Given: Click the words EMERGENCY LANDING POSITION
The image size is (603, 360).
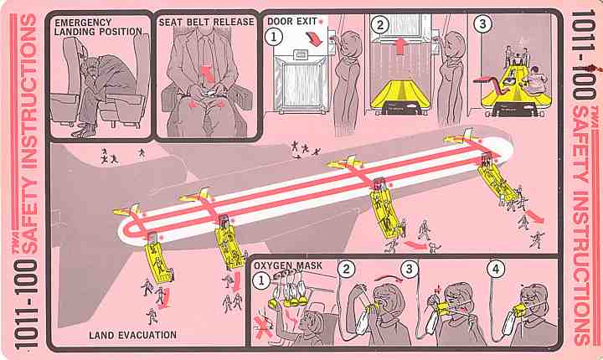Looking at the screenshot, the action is (98, 27).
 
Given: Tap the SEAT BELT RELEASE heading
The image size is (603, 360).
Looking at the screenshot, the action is (207, 23).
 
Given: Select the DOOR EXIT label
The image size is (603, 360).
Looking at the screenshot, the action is (292, 21).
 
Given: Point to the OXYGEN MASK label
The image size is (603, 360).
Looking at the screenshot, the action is (287, 265).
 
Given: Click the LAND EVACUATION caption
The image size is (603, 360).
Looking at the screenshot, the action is (132, 335).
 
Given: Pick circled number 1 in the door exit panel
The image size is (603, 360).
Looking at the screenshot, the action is (274, 37).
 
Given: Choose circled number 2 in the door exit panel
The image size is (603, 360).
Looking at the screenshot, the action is (380, 25).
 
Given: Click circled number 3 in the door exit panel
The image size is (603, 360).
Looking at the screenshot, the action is (482, 24).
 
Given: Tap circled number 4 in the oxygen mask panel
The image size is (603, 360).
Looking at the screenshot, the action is (496, 269).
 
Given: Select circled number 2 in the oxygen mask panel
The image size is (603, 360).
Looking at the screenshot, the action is (346, 269).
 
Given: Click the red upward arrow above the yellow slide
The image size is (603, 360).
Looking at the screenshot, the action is (400, 46).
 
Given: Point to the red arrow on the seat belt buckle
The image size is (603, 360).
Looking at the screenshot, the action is (208, 75).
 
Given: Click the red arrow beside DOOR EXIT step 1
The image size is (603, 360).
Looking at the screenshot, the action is (314, 39).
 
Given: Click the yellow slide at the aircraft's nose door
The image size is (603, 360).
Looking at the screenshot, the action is (496, 180).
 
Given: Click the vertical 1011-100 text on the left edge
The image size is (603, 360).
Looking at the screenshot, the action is (26, 304).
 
